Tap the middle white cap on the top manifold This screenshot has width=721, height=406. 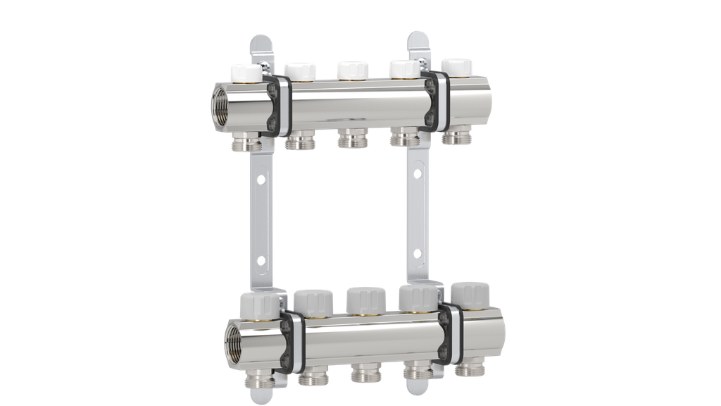point(353,70)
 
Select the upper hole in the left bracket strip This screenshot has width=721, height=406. point(261,180)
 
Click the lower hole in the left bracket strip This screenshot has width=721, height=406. point(261,262)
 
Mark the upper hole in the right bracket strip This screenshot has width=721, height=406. point(418,172)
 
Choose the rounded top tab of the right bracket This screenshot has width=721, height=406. point(415,42)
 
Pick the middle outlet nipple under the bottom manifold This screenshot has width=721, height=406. point(363,371)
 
